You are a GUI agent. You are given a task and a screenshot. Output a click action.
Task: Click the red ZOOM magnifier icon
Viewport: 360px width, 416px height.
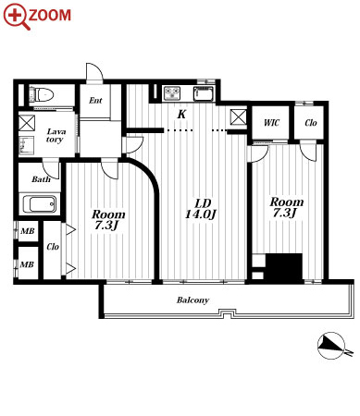tap(16, 17)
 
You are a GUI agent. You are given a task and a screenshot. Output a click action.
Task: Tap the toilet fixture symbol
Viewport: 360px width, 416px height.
tap(42, 94)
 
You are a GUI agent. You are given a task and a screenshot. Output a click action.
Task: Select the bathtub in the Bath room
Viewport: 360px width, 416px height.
tap(40, 204)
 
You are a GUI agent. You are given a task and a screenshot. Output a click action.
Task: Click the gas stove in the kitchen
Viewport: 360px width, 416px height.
tap(172, 93)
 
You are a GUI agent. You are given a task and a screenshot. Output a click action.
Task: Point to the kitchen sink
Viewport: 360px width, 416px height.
tap(204, 93)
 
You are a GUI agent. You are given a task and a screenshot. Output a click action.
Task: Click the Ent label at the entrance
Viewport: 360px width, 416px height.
tap(95, 101)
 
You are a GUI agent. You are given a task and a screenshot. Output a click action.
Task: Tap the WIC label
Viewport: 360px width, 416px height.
tap(271, 123)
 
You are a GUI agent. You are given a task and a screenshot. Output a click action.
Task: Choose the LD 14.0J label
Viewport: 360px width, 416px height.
tap(201, 209)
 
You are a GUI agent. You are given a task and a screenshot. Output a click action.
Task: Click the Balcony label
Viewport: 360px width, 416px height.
tap(192, 300)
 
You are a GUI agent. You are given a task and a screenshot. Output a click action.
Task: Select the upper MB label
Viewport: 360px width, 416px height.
tap(28, 231)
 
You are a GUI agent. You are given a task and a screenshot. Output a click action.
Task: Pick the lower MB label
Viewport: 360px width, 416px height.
tap(27, 264)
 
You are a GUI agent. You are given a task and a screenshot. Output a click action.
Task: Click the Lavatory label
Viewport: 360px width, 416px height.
tap(56, 136)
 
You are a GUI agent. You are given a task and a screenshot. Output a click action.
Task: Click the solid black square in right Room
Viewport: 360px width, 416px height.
tap(284, 268)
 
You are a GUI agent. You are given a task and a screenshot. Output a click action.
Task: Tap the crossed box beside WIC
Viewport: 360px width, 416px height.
tap(239, 117)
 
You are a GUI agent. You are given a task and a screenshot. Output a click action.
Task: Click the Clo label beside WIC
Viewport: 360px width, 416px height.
tap(311, 123)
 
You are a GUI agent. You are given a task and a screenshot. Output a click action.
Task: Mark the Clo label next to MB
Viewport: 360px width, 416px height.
tap(53, 247)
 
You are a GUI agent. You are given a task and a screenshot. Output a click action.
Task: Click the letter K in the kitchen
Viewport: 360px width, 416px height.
tap(181, 115)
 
